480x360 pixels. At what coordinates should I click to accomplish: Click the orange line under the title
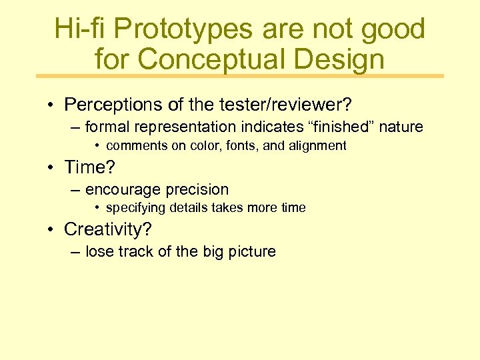pos(240,76)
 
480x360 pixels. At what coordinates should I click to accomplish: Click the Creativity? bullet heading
pos(108,229)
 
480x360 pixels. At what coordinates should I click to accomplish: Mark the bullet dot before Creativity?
pos(51,230)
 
